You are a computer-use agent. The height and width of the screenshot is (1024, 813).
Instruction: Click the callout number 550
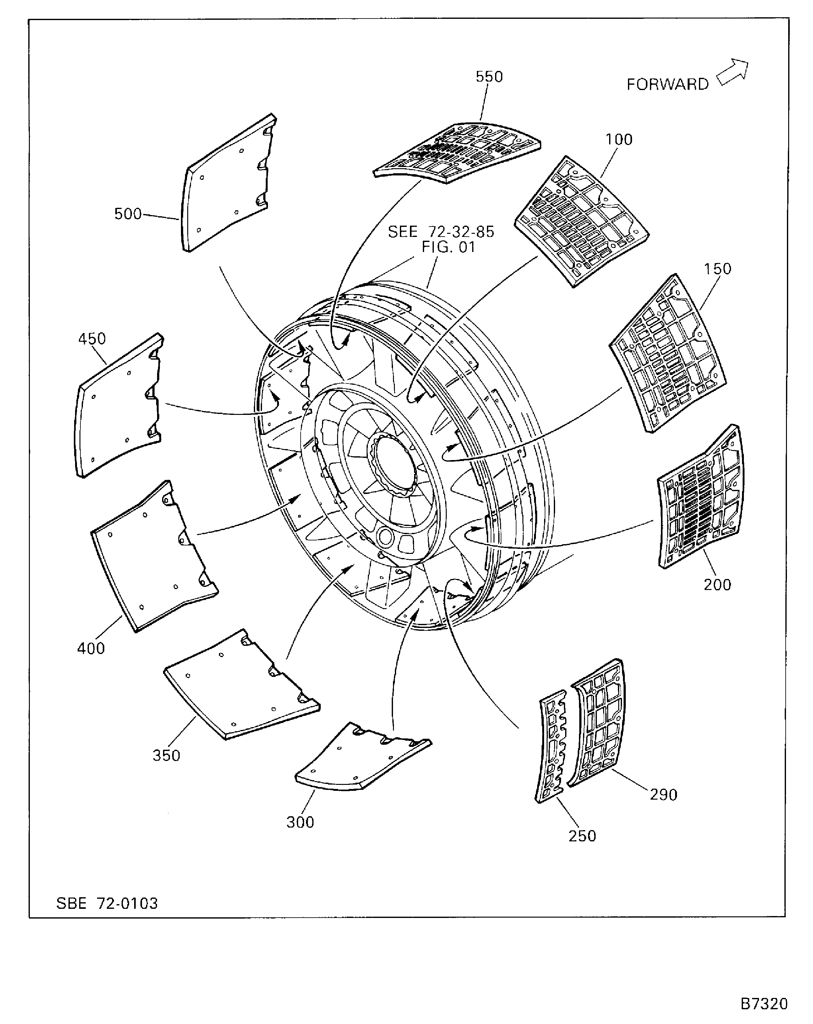[x=489, y=77]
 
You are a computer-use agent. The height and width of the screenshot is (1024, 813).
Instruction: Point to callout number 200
[x=717, y=585]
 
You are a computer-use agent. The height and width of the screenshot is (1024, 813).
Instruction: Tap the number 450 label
[x=92, y=339]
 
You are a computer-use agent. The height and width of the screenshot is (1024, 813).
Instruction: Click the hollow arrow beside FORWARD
[x=733, y=72]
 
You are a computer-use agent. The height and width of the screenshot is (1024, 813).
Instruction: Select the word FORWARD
[x=667, y=84]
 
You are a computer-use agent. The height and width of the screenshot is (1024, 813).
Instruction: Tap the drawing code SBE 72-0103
[x=107, y=903]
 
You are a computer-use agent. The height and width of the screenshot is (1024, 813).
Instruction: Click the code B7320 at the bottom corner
[x=764, y=1004]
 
